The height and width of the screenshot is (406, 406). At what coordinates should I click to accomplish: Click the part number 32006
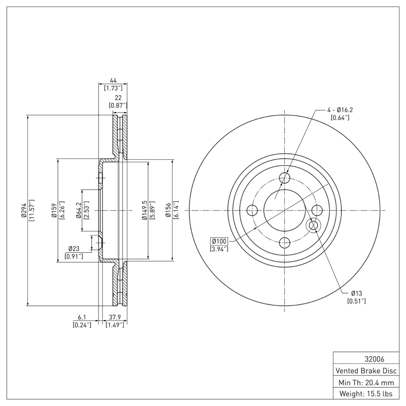(x=364, y=359)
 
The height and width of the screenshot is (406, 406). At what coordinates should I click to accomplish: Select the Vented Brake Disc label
(x=364, y=370)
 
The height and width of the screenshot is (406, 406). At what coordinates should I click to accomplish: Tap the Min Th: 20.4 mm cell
(x=364, y=382)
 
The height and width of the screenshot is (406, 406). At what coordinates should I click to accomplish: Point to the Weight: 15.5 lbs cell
(x=364, y=394)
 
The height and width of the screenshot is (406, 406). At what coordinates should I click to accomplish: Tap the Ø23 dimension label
(x=74, y=249)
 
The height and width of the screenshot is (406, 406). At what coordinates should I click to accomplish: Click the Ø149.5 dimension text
(x=144, y=210)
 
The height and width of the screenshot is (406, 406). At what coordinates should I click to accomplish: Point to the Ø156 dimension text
(x=168, y=210)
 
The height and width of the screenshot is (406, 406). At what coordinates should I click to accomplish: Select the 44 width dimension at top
(x=113, y=80)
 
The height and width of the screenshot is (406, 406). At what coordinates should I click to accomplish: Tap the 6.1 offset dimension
(x=82, y=317)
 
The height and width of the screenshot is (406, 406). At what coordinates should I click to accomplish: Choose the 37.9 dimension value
(x=114, y=317)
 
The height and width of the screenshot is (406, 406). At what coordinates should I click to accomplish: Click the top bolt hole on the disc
(x=285, y=178)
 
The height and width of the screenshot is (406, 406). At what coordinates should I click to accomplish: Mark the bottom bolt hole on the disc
(x=285, y=242)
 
